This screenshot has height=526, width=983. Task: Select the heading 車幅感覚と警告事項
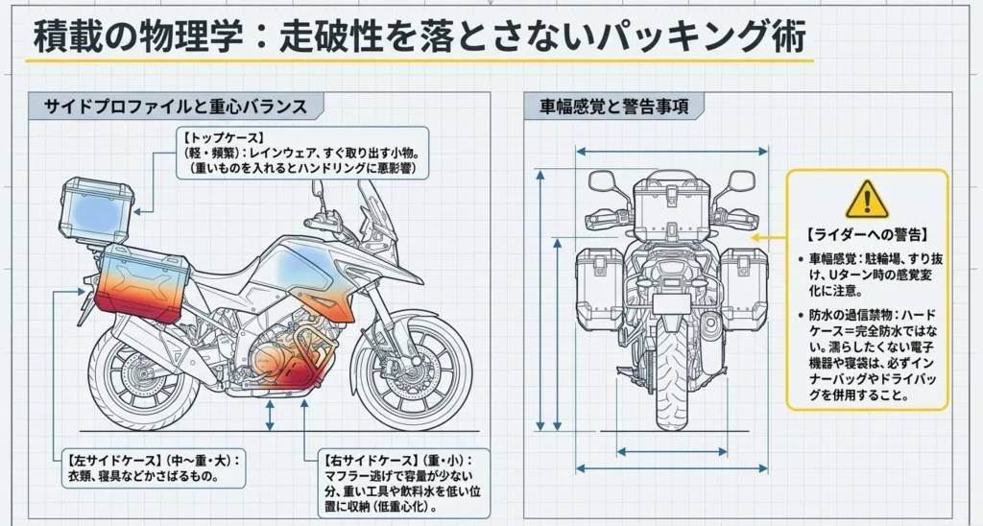point(614,107)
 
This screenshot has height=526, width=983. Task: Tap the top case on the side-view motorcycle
point(96,208)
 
